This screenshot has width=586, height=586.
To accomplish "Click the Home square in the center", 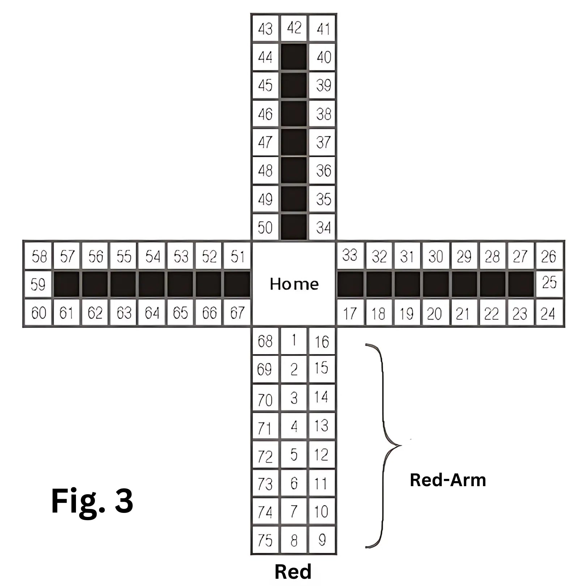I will point(294,284).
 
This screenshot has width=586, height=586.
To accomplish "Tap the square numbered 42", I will point(294,28).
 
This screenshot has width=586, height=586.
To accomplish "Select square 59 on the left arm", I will point(38,284).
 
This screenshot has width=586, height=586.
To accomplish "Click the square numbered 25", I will point(549,283).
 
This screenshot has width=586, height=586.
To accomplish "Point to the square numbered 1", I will point(294,341).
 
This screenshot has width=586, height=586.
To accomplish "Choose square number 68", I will point(265,341).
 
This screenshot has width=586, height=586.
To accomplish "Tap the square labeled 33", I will point(350,255).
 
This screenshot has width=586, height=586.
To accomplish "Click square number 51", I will point(237,256).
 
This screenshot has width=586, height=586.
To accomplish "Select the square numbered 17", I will point(350,313).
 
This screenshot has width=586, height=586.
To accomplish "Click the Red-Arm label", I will point(448,480).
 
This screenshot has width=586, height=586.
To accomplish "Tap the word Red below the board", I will point(293,572).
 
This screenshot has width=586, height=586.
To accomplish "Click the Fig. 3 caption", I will point(92,501).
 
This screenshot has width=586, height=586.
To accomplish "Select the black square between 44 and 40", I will point(294,57).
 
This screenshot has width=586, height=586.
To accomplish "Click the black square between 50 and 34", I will point(294,227).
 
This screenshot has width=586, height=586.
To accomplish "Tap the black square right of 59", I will point(67,284).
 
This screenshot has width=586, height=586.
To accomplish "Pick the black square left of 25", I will point(521,284).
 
